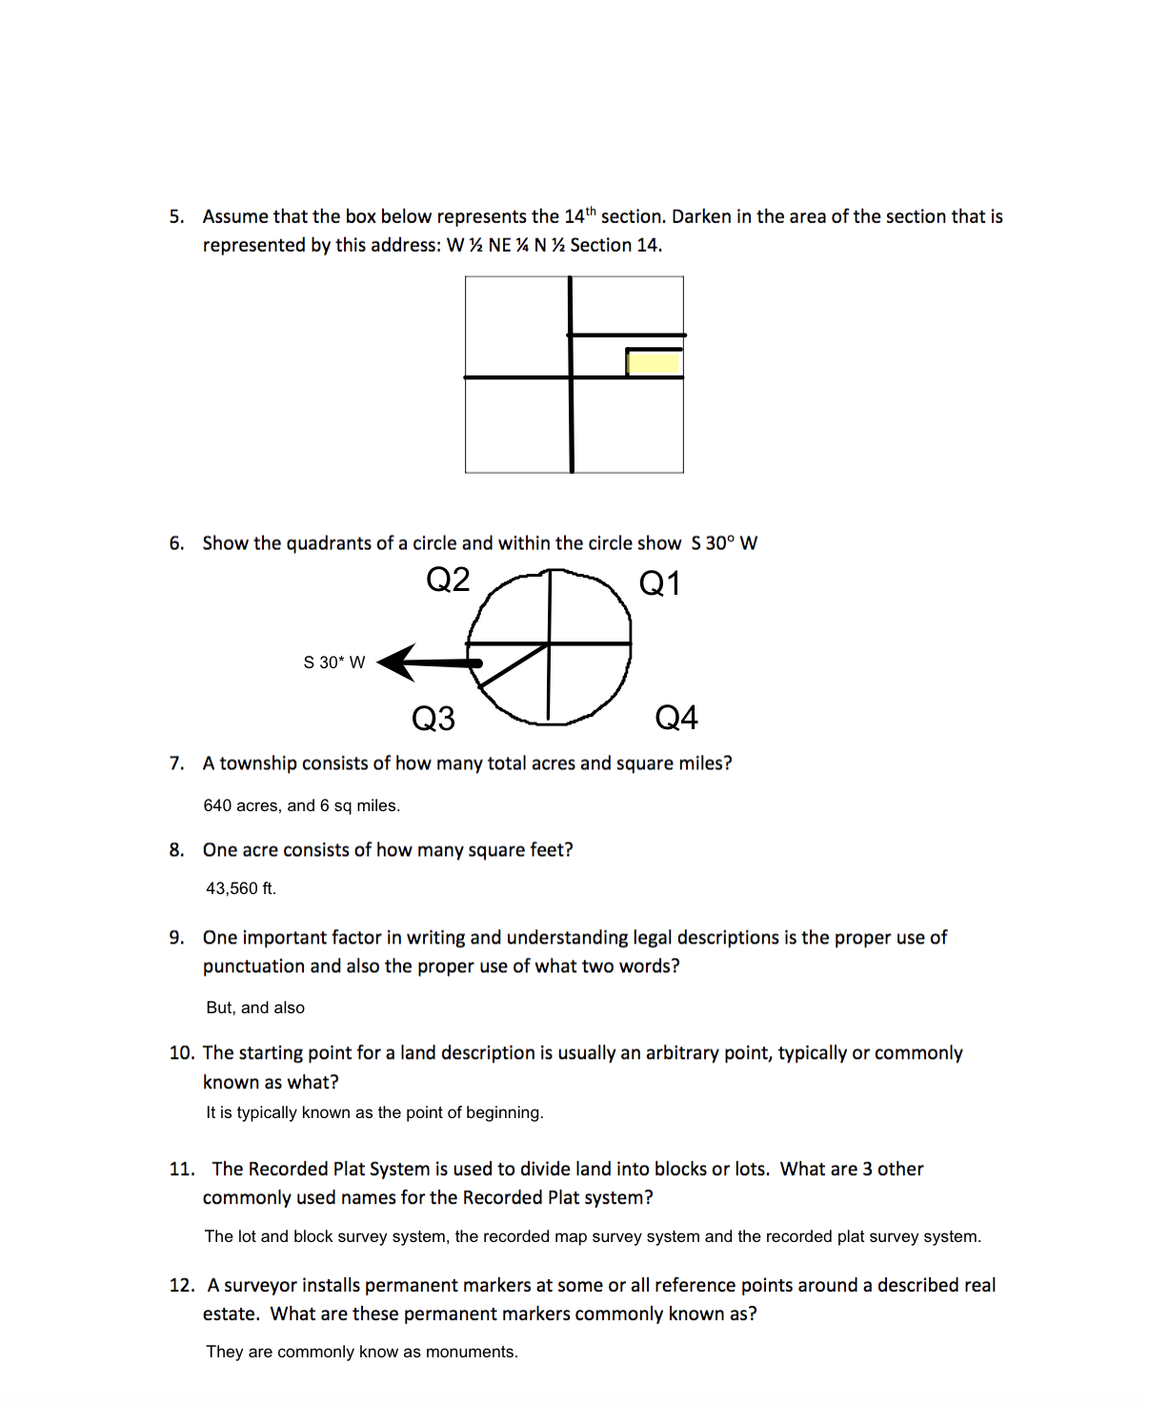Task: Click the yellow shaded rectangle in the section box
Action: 654,363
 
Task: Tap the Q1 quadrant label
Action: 659,583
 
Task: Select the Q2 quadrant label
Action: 448,580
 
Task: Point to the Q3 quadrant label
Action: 433,718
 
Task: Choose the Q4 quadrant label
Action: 676,717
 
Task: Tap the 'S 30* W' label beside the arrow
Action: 333,662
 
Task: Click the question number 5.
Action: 176,217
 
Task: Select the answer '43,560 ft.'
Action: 241,888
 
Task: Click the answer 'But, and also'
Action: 255,1008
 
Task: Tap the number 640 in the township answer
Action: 217,805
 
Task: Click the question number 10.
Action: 181,1053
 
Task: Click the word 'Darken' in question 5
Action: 701,217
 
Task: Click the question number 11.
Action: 181,1170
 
